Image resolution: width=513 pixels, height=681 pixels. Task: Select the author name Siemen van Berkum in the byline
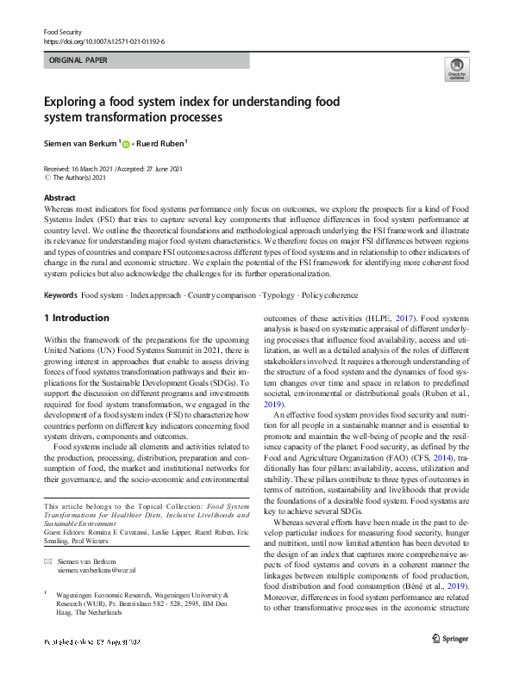tap(79, 144)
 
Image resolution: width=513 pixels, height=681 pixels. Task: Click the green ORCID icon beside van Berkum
tap(125, 145)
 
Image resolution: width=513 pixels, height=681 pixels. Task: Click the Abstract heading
tap(59, 197)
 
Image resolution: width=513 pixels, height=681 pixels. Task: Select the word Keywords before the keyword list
tap(60, 294)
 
